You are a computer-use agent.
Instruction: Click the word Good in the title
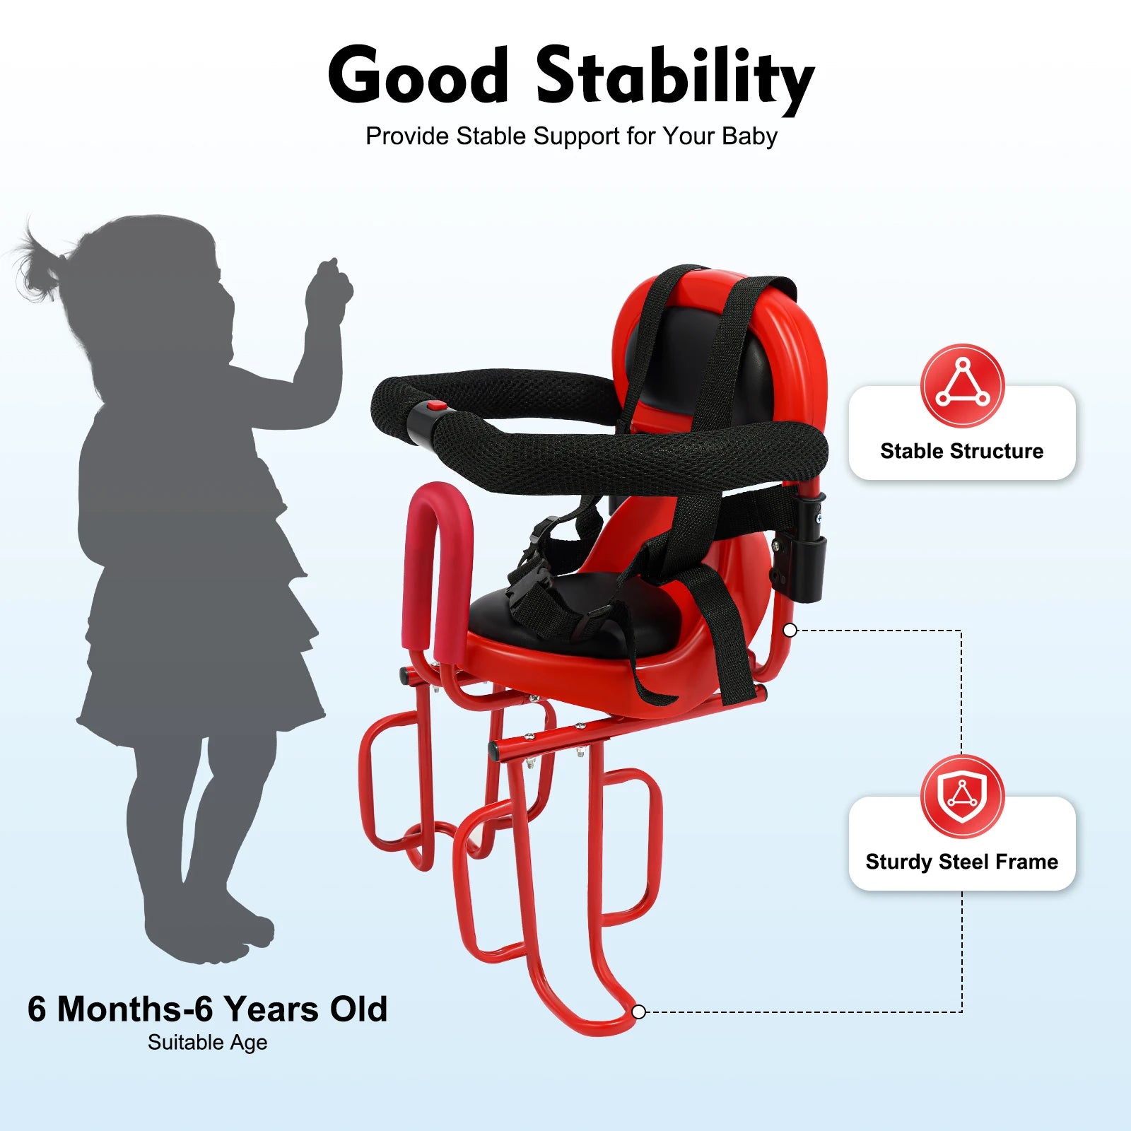(418, 75)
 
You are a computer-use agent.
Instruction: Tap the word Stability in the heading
(675, 78)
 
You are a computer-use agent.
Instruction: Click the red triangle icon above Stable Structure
(962, 386)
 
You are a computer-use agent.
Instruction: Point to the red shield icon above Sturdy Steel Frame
(962, 797)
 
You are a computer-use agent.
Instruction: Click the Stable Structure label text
(962, 451)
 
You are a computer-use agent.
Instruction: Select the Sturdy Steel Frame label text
(962, 862)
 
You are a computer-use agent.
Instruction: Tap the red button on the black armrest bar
(437, 407)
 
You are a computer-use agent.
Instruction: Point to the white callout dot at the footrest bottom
(638, 1012)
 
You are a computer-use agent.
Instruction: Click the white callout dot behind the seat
(790, 630)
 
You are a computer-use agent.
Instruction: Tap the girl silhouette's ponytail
(39, 262)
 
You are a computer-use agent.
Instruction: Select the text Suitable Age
(208, 1043)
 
